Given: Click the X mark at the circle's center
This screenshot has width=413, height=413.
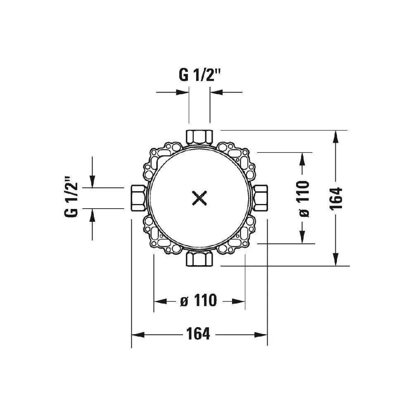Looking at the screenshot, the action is click(x=199, y=198).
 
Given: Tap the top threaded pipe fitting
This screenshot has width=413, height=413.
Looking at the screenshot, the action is click(x=199, y=137).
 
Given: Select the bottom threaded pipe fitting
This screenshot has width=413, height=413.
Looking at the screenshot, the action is click(x=199, y=259).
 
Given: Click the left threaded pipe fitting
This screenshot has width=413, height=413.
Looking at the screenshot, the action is click(x=138, y=198).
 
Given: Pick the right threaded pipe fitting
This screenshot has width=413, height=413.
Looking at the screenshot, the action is click(x=260, y=198).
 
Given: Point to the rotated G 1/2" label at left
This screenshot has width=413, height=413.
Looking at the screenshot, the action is click(x=71, y=196).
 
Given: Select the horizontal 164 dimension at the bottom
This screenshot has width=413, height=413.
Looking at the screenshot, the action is click(x=198, y=334).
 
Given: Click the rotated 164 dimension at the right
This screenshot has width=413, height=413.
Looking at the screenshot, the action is click(x=336, y=198).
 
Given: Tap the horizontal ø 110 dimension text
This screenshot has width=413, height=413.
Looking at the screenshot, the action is click(x=199, y=300).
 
